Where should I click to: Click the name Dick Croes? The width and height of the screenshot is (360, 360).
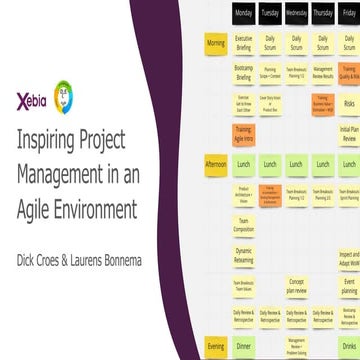point(42,240)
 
